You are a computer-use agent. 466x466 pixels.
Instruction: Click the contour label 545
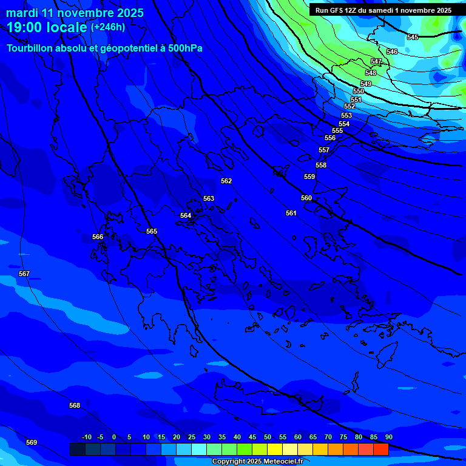click(x=413, y=38)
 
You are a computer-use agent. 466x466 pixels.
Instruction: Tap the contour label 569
click(x=32, y=442)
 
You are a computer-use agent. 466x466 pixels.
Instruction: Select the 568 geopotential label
click(x=75, y=405)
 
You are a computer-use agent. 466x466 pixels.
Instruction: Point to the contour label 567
click(x=24, y=274)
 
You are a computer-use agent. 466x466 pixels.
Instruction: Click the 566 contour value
click(x=98, y=237)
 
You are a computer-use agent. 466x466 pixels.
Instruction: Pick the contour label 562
click(x=226, y=181)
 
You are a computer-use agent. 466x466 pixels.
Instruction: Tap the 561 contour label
click(x=291, y=213)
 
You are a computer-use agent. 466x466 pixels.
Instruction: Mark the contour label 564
click(x=186, y=215)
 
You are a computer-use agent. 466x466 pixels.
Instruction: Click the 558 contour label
click(x=321, y=165)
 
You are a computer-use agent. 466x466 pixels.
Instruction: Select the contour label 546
click(x=392, y=52)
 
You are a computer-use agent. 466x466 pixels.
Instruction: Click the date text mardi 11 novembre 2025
click(x=75, y=13)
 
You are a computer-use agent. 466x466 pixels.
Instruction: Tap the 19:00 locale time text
click(x=47, y=27)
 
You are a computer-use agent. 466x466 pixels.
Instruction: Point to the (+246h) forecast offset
click(x=108, y=27)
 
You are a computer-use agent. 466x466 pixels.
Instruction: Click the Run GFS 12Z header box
click(x=383, y=10)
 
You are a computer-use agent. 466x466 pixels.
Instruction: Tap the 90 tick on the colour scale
click(x=388, y=437)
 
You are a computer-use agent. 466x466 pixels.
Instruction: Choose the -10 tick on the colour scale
click(x=86, y=437)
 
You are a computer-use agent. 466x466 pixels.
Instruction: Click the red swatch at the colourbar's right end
click(x=380, y=449)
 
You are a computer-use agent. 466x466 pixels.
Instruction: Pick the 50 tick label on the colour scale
click(x=268, y=437)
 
